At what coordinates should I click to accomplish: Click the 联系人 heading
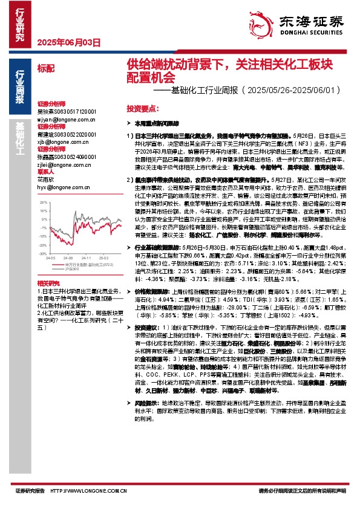[x=46, y=171]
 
